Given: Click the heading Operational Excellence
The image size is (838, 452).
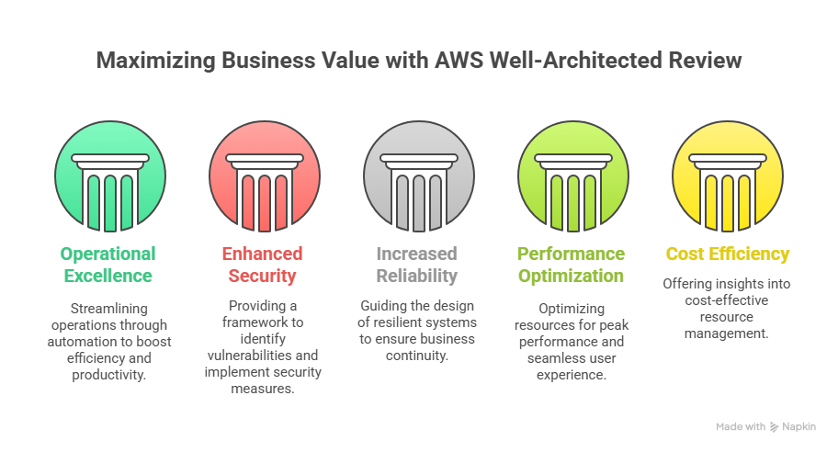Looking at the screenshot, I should pos(108,265).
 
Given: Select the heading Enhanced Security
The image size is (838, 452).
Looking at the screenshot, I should pos(262,265).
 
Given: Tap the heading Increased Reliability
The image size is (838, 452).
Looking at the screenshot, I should pos(416,265).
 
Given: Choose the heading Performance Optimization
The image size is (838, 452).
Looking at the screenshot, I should pos(571,265).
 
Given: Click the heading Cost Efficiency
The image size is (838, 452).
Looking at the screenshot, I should pos(728,254).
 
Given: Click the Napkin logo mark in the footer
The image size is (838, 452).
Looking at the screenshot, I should pos(774,426).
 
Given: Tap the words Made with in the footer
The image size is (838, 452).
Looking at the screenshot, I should pos(741,426).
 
